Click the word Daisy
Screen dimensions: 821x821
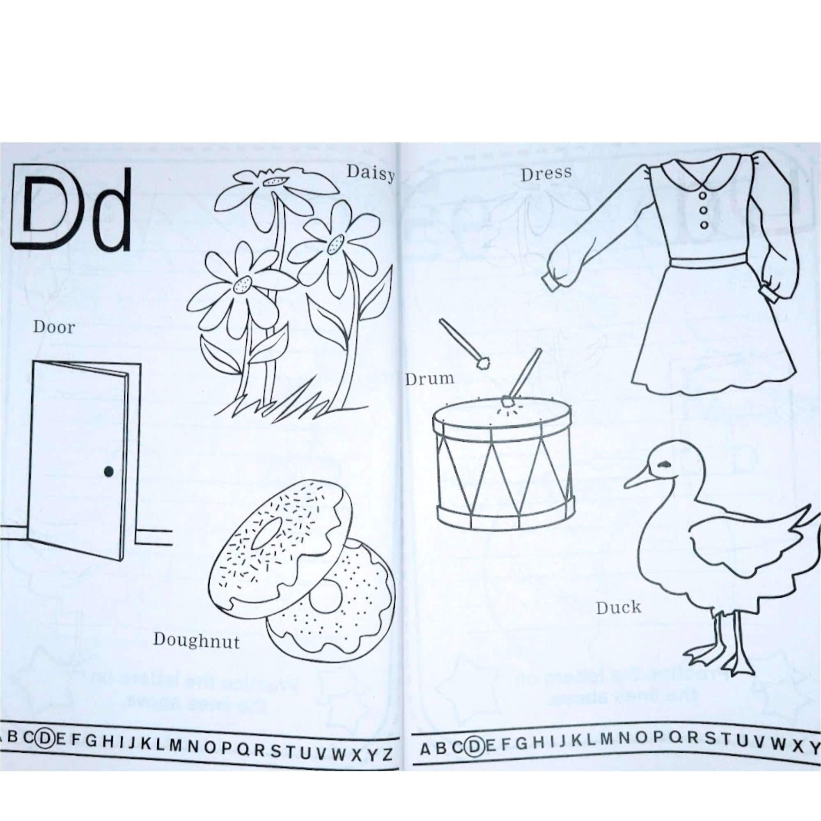(370, 173)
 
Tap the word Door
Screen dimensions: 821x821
(54, 327)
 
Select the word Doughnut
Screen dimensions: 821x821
(196, 640)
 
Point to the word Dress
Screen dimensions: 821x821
(546, 174)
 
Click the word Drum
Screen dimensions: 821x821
(430, 378)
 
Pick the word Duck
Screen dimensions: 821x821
(618, 608)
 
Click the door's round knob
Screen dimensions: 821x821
(109, 470)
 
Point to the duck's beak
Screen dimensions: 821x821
(638, 481)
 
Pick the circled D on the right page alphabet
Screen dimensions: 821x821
(474, 745)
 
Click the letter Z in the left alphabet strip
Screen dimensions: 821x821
(387, 754)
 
